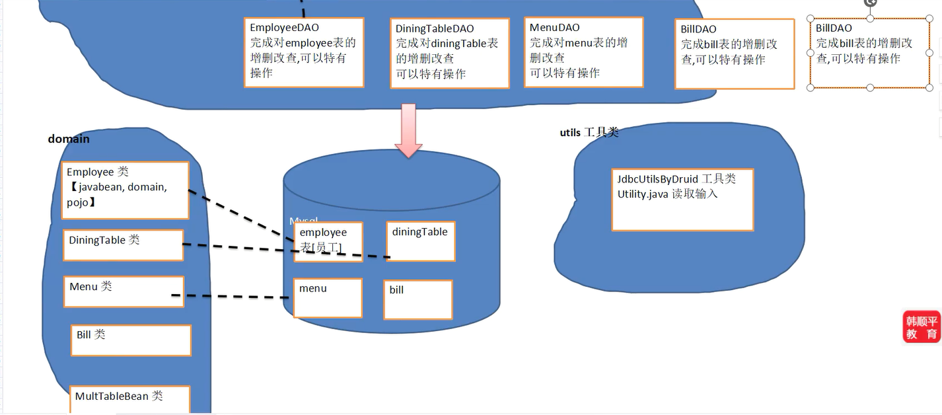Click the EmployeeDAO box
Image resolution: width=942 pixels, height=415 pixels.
tap(304, 52)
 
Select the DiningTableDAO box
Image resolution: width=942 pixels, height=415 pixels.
tap(450, 53)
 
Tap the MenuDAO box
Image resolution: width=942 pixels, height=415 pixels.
tap(584, 52)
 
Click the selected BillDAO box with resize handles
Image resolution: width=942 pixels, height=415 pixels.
tap(869, 54)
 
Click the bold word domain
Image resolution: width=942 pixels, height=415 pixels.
tap(69, 139)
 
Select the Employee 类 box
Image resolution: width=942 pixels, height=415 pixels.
tap(125, 190)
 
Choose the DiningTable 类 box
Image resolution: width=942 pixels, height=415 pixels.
tap(123, 245)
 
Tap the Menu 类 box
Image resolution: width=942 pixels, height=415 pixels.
tap(123, 291)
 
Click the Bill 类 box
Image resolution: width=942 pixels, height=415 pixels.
tap(131, 340)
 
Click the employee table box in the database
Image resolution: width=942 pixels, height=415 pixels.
tap(328, 241)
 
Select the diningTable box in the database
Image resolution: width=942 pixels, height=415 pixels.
tap(420, 241)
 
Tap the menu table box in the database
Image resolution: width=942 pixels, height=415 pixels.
tap(328, 297)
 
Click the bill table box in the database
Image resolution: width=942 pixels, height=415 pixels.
tap(417, 299)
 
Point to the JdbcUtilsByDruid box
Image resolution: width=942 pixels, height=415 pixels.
tap(682, 200)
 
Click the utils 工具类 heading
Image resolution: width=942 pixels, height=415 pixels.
tap(589, 133)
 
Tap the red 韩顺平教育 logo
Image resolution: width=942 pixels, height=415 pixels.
tap(922, 327)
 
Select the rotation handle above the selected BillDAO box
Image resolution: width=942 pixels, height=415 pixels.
tap(870, 3)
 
